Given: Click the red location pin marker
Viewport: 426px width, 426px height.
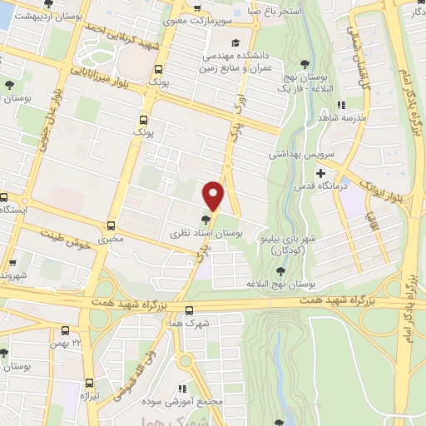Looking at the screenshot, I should coord(214,195).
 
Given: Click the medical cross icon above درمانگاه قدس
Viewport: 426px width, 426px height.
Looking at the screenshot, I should coord(320,172).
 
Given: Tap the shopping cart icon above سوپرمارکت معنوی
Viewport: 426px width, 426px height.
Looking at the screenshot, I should coord(196,10).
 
